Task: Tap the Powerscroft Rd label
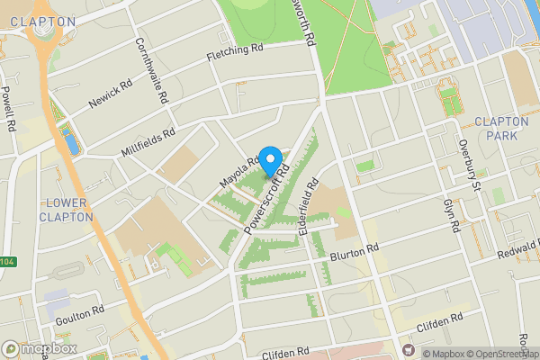click(268, 200)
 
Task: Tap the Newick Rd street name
click(111, 94)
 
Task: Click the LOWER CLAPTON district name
click(67, 211)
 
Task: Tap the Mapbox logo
click(40, 347)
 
